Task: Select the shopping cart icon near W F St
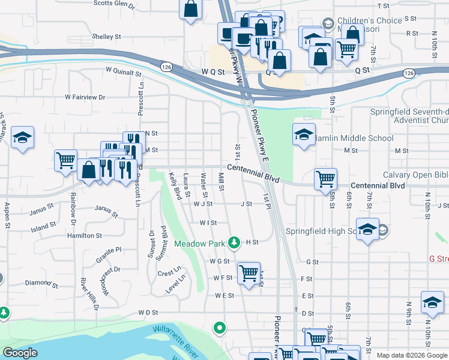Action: coord(249,273)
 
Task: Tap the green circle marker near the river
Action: coord(220,328)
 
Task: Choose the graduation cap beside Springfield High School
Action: coord(367,229)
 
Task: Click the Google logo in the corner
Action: coord(20,353)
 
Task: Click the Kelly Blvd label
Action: coord(175,186)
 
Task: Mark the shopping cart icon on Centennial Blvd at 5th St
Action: coord(325,178)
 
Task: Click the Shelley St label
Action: coord(107,37)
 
